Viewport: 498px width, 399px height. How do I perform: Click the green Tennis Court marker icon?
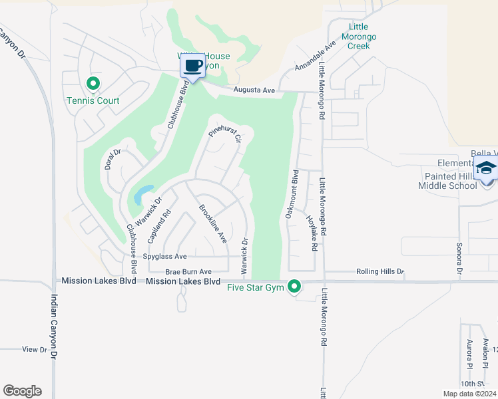(93, 84)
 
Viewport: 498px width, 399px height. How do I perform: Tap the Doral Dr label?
(112, 160)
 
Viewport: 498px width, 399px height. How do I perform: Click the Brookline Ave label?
(213, 223)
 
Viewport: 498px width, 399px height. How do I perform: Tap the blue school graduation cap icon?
(486, 168)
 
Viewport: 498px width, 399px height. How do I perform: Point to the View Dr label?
(35, 349)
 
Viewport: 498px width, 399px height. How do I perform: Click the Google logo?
(22, 391)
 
